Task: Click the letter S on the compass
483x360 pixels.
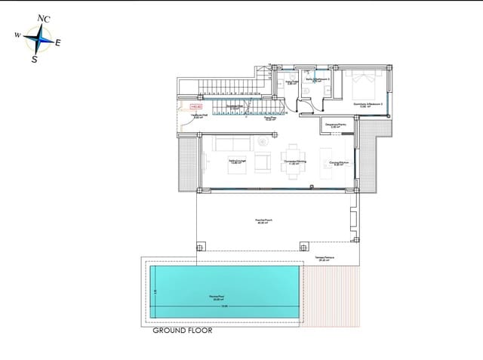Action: tap(34, 59)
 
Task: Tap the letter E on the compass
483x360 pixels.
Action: tap(57, 42)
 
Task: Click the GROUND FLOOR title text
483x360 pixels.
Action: tap(182, 331)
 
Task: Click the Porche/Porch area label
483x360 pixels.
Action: tap(264, 221)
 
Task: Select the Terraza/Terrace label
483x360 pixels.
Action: tap(326, 258)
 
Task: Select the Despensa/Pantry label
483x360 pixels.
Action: tap(335, 125)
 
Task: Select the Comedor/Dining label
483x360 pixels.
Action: tap(294, 162)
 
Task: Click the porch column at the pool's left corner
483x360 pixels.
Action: tap(200, 246)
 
